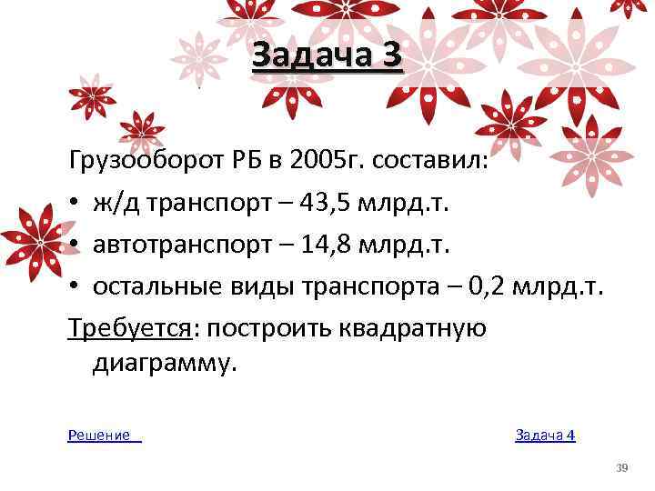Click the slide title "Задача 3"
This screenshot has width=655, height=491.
(x=326, y=57)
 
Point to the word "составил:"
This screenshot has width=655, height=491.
(x=433, y=163)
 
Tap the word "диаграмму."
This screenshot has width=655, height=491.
(x=165, y=364)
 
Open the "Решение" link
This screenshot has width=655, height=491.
(x=99, y=436)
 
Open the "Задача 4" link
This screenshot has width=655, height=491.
(x=545, y=436)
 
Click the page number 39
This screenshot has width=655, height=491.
(x=622, y=467)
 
